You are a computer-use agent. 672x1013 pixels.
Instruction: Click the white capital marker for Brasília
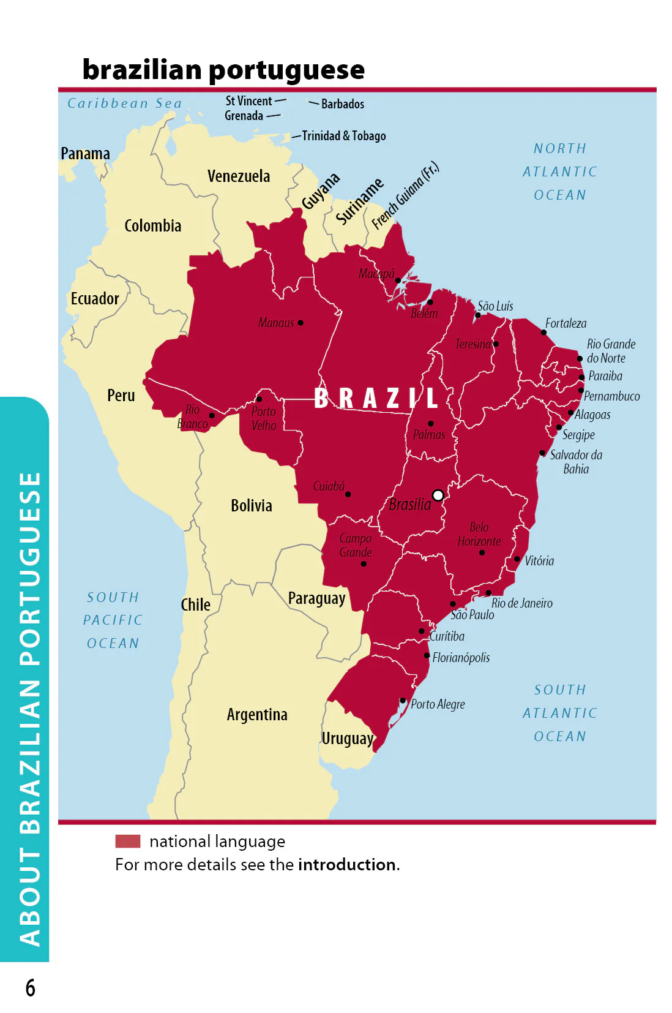(x=438, y=495)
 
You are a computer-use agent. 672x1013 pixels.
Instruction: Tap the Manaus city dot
(x=301, y=323)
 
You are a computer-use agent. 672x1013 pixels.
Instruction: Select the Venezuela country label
(x=239, y=176)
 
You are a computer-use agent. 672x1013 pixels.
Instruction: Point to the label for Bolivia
(x=252, y=506)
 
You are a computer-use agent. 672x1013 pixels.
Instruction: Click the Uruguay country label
(x=347, y=739)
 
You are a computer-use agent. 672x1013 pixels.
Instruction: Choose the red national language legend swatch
(x=128, y=841)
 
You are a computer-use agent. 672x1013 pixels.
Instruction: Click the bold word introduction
(x=347, y=864)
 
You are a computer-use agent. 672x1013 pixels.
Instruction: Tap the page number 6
(x=30, y=988)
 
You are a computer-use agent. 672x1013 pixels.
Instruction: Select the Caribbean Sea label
(x=125, y=104)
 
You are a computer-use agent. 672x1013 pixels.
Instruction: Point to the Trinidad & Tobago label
(x=344, y=136)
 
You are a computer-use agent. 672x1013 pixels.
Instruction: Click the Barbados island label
(x=343, y=104)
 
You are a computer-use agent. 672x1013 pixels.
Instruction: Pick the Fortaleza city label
(x=566, y=323)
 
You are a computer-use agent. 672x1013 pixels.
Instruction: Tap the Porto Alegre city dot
(x=403, y=701)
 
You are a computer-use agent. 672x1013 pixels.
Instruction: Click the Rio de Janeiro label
(x=521, y=603)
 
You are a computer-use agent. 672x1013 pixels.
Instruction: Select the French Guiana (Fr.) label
(x=405, y=195)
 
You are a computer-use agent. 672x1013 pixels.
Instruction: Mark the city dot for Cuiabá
(x=348, y=494)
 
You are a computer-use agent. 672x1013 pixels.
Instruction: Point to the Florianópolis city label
(x=461, y=658)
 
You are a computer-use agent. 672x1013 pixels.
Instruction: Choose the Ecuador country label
(x=95, y=299)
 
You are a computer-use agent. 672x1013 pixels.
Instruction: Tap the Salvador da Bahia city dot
(x=542, y=453)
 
